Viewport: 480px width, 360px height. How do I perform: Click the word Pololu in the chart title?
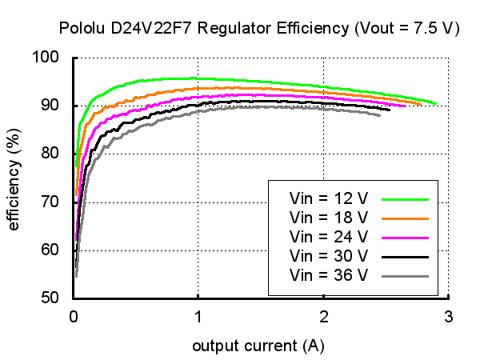pyautogui.click(x=82, y=29)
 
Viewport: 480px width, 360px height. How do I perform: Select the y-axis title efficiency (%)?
pyautogui.click(x=14, y=177)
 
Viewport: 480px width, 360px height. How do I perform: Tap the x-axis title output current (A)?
pyautogui.click(x=258, y=346)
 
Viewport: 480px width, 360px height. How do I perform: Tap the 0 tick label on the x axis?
pyautogui.click(x=74, y=315)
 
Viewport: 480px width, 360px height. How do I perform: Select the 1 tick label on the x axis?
pyautogui.click(x=198, y=315)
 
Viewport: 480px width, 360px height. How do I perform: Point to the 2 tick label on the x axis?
pyautogui.click(x=323, y=315)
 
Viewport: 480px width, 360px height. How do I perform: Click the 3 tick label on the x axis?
pyautogui.click(x=448, y=315)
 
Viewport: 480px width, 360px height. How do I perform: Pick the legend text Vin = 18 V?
pyautogui.click(x=329, y=217)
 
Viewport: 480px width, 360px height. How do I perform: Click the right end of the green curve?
pyautogui.click(x=435, y=103)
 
